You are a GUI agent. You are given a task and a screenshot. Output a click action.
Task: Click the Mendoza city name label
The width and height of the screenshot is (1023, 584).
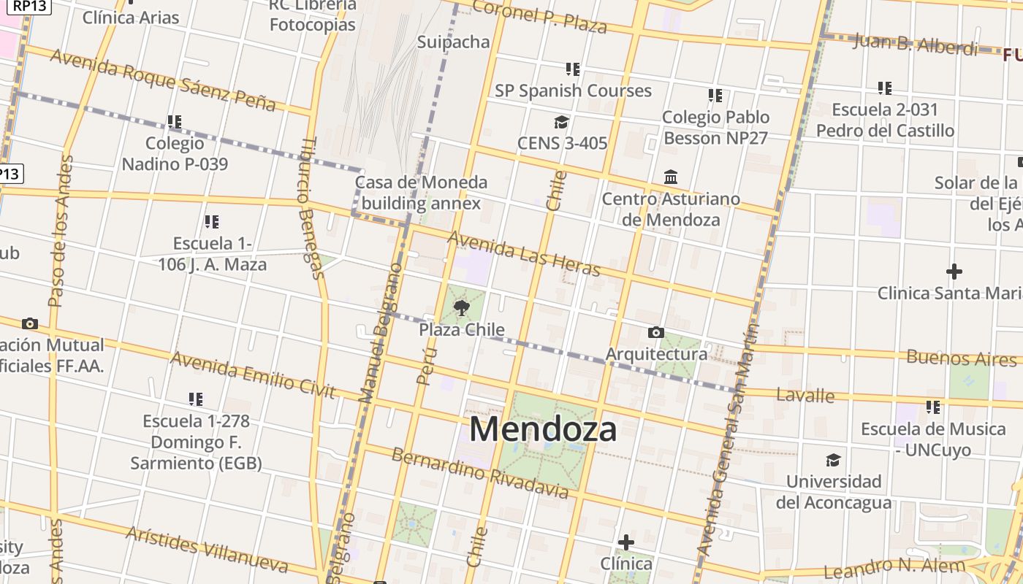(543, 429)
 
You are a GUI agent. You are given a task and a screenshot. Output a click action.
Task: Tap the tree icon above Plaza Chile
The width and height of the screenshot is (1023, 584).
(461, 308)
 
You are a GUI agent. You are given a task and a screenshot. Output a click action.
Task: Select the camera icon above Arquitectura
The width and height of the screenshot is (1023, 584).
(656, 333)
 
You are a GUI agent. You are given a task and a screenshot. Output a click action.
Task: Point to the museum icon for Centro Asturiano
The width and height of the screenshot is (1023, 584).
(671, 177)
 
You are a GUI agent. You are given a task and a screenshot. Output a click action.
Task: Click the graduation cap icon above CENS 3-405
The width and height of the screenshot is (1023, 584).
(561, 122)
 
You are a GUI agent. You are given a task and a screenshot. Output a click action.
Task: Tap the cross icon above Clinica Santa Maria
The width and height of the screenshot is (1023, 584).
(954, 272)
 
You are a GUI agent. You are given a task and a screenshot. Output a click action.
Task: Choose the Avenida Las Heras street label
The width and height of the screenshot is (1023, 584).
(524, 253)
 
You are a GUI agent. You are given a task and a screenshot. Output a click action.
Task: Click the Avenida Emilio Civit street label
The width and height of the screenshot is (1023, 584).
(253, 374)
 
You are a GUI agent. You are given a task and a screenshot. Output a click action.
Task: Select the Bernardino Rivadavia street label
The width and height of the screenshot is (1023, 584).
(480, 474)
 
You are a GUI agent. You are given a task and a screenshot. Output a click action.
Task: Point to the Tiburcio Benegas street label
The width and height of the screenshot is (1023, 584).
(311, 208)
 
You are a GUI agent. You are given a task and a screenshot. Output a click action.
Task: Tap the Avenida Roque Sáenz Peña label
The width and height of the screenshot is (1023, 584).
(163, 80)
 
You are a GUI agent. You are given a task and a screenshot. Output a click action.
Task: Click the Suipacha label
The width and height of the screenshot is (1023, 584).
(453, 42)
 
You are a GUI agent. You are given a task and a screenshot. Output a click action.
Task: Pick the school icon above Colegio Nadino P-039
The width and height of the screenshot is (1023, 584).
(174, 121)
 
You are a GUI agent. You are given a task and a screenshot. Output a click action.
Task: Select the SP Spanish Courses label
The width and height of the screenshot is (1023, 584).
(573, 91)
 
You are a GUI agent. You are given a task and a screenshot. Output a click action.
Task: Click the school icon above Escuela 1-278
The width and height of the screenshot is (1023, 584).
(195, 399)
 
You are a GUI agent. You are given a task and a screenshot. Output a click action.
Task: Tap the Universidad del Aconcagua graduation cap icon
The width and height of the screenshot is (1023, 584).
(833, 460)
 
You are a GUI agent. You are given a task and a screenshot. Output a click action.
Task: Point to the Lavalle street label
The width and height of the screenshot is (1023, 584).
(805, 395)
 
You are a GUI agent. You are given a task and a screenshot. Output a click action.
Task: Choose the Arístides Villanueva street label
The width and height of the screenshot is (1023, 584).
(207, 548)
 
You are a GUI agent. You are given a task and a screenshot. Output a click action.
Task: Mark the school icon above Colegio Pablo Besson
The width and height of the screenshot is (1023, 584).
(715, 96)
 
